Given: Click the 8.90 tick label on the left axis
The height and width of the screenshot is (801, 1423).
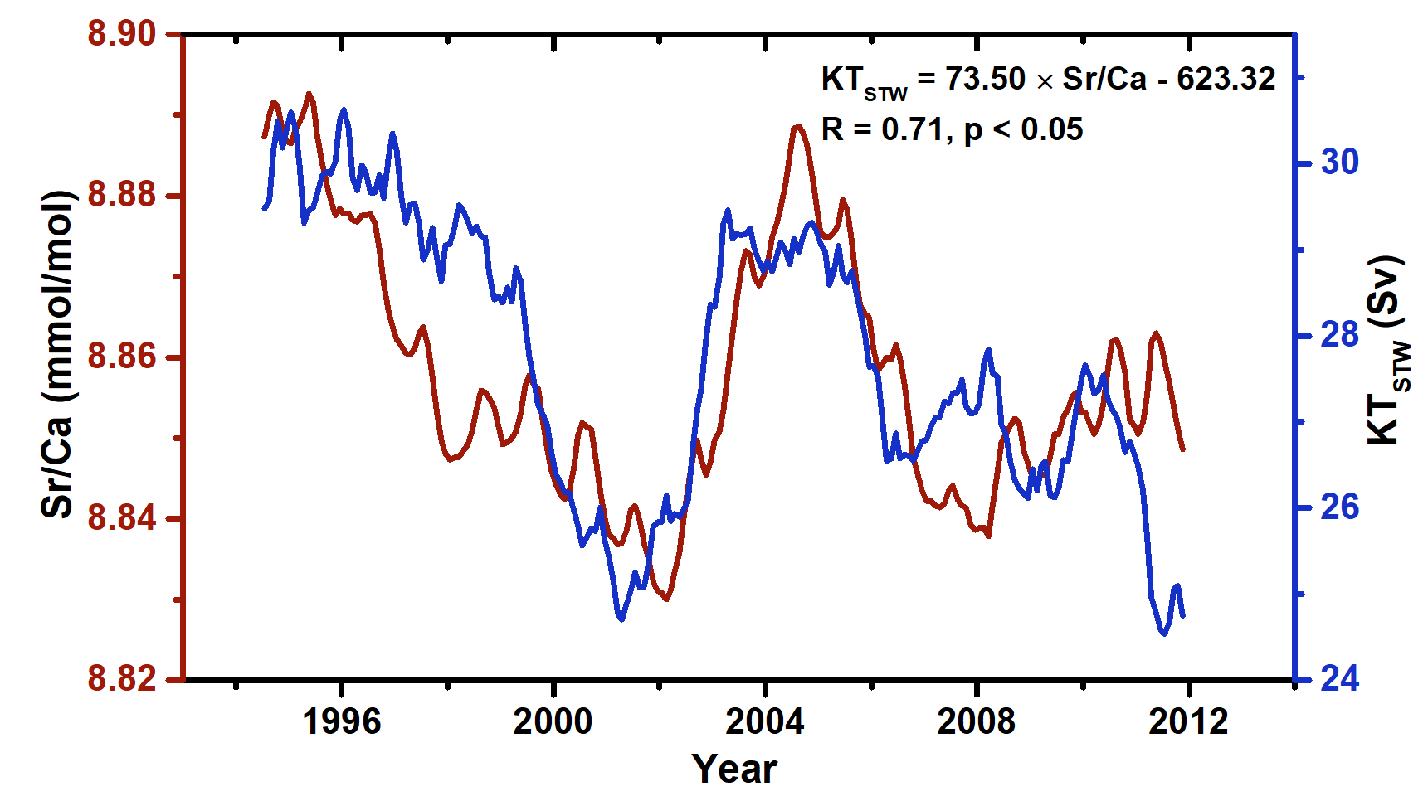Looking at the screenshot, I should [x=122, y=34].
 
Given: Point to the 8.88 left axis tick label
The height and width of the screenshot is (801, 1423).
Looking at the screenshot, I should [x=122, y=196].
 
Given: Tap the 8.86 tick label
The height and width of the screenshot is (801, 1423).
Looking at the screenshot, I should [x=122, y=357].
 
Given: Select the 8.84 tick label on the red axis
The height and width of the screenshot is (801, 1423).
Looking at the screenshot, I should [x=122, y=518].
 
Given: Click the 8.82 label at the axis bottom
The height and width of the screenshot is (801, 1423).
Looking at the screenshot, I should [x=122, y=679].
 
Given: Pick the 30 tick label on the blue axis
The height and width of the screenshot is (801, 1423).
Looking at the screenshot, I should [x=1340, y=162].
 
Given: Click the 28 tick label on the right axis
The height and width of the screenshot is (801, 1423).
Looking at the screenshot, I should [x=1340, y=335].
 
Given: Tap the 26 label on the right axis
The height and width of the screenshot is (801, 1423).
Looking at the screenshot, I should [x=1340, y=507].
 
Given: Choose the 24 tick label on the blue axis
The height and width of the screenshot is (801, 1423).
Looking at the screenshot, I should [x=1340, y=679].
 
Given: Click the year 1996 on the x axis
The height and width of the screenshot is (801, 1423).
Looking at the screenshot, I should [x=341, y=722].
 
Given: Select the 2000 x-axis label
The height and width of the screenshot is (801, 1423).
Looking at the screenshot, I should [x=553, y=722].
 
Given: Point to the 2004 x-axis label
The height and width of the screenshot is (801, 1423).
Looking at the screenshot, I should [x=764, y=722].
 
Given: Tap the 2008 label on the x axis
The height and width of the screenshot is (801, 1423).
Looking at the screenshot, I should [x=976, y=722].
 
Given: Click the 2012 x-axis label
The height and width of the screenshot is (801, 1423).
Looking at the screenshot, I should [x=1187, y=722].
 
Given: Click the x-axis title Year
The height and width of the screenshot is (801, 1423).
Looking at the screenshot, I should [x=734, y=769].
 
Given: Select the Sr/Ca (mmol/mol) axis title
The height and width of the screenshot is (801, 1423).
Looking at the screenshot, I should [x=58, y=355].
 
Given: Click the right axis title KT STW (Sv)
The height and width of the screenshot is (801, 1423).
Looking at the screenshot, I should [x=1386, y=350].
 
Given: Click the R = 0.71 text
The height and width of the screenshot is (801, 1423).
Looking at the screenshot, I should [x=885, y=129].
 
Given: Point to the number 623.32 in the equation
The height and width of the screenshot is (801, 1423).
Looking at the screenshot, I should [x=1226, y=79].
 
